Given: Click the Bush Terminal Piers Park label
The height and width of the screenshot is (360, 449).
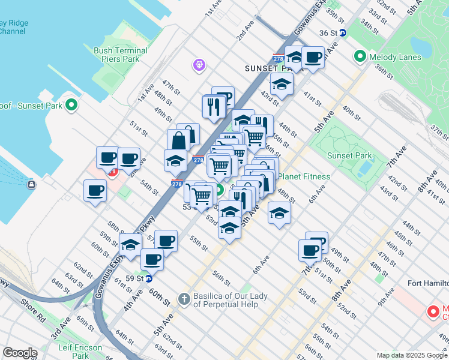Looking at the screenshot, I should point(116,55).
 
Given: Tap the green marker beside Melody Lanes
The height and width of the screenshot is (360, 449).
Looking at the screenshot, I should point(360,57).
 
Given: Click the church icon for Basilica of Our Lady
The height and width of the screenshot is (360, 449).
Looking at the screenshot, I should point(184,298).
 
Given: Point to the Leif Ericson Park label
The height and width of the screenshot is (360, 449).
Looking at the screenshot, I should point(80,352).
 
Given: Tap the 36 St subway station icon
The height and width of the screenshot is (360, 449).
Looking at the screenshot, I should point(342,33).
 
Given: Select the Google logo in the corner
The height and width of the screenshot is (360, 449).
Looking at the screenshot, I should point(20,353).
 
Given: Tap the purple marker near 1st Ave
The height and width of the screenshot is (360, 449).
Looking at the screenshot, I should point(199,64).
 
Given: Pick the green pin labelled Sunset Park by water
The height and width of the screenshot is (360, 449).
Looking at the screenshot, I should point(71,106).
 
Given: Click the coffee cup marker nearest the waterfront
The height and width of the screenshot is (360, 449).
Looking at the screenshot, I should point(95,191).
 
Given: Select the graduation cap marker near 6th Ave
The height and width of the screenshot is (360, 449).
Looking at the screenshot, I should point(279,213).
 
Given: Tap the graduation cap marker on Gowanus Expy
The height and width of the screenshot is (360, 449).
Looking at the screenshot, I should point(130,244).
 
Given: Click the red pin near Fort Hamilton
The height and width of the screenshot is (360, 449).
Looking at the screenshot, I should point(432,311).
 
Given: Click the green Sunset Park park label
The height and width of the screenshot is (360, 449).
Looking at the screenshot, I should point(349,156).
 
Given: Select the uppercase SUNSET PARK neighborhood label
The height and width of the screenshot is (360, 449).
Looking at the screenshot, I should point(268,69).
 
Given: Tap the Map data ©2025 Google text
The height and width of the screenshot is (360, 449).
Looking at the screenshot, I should point(411,355).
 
